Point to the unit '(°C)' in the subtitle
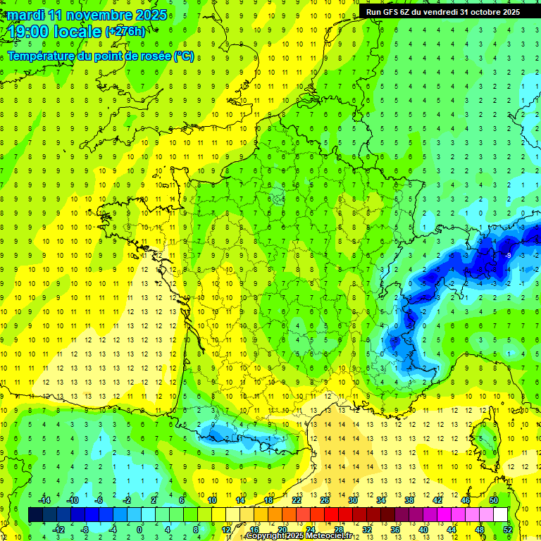[185, 56]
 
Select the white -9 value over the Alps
[508, 254]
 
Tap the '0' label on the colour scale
[139, 530]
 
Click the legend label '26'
[325, 499]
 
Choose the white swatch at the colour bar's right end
[501, 514]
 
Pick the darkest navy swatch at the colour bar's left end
[35, 514]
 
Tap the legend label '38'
[409, 499]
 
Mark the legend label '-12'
[58, 530]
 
